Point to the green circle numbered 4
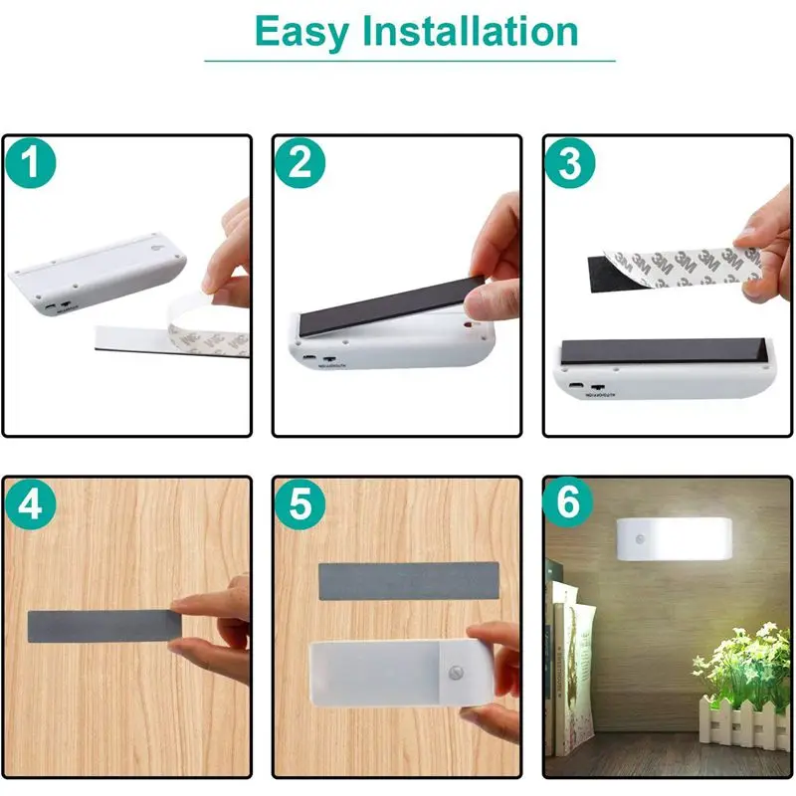pos(31,504)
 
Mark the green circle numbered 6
pos(569,504)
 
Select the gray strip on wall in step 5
pos(408,580)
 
